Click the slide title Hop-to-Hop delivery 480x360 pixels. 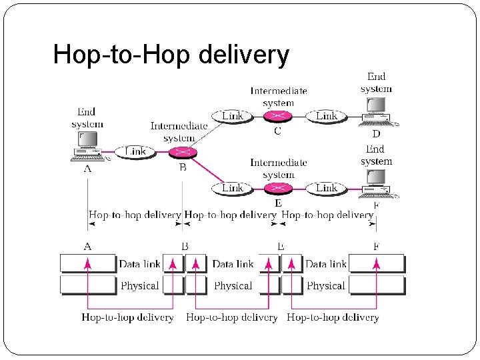point(171,55)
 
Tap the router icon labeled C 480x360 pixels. point(277,116)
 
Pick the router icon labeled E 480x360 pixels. point(277,188)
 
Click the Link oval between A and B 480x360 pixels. point(135,151)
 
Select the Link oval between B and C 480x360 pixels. point(232,116)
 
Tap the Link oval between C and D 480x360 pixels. point(326,116)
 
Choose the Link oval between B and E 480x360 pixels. point(232,188)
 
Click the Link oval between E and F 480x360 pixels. point(326,188)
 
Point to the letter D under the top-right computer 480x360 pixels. point(376,134)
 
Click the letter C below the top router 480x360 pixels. point(277,131)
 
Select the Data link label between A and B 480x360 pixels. point(139,264)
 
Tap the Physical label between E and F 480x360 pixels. point(326,285)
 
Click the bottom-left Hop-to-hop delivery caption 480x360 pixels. point(127,317)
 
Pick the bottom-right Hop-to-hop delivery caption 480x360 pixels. point(333,317)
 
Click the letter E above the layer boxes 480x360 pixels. point(281,247)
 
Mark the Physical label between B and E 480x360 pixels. point(233,285)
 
